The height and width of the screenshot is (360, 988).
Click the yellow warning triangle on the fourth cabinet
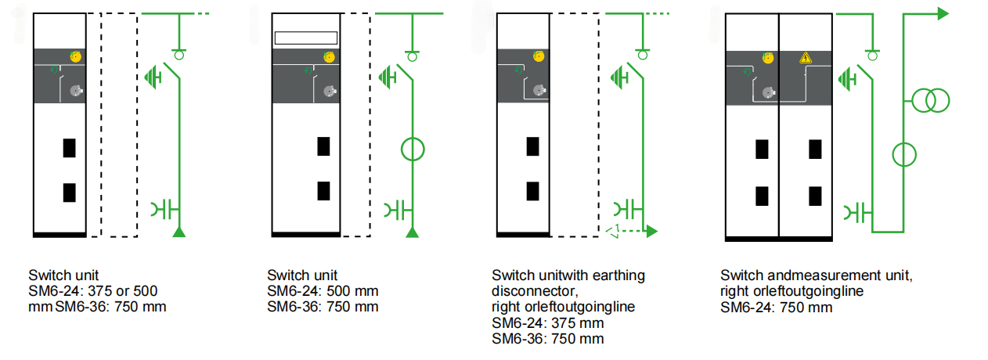[804, 58]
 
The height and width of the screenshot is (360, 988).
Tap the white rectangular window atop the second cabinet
[305, 38]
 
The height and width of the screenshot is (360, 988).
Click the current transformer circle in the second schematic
[413, 148]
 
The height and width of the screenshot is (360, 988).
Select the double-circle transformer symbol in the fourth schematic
[930, 100]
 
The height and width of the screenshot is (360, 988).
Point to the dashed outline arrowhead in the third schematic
[614, 231]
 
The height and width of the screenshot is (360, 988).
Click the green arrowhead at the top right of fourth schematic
[943, 13]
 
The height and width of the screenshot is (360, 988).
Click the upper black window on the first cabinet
[69, 148]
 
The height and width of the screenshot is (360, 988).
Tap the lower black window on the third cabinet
[532, 191]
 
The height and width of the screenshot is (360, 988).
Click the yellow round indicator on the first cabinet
[76, 56]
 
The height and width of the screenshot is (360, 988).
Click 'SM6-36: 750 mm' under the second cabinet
[322, 307]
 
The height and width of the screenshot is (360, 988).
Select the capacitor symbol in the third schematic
[627, 210]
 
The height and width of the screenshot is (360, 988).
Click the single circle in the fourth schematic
[904, 154]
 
